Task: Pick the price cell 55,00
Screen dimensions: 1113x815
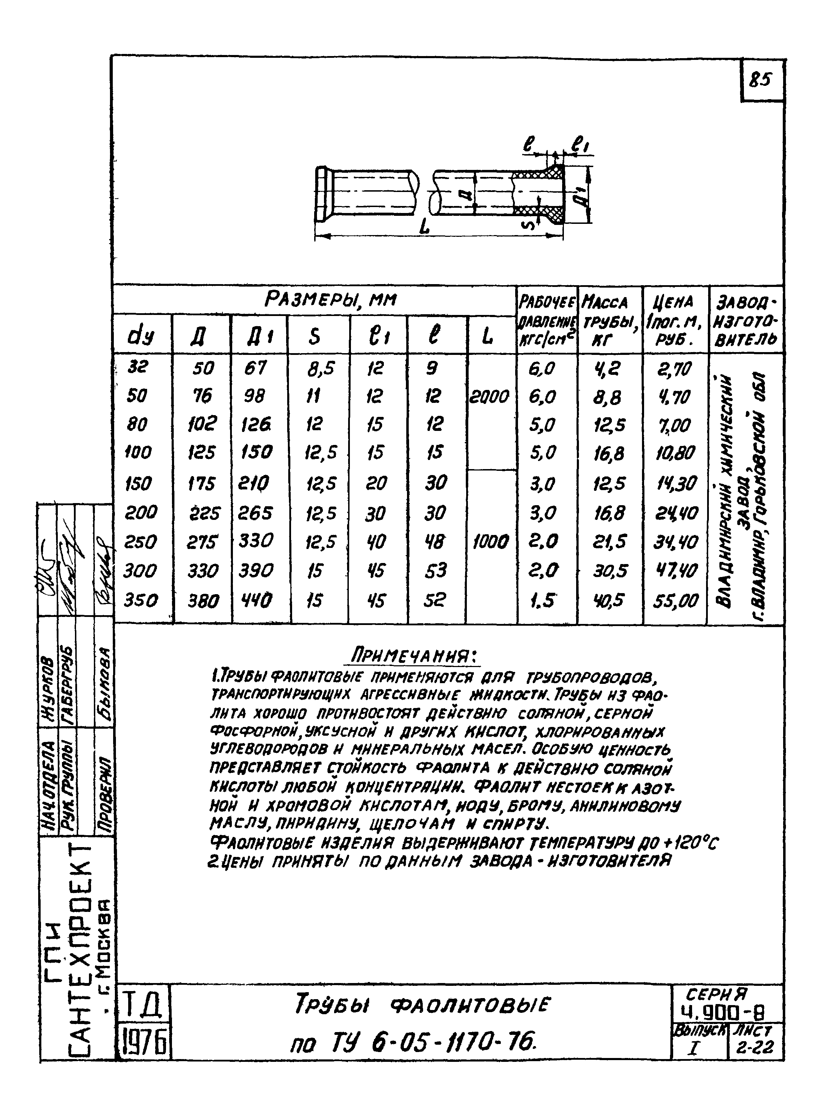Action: (676, 600)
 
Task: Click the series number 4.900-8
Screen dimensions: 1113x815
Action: (725, 1012)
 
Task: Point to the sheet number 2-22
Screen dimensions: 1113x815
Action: (754, 1046)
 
